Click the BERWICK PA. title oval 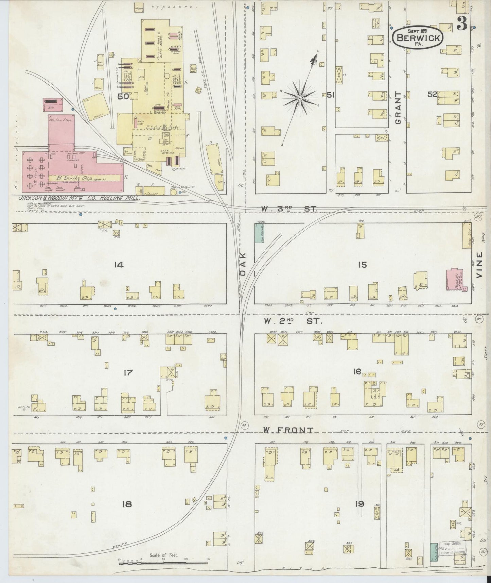point(418,37)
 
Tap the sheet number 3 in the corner point(461,23)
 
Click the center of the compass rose point(300,98)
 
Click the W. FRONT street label point(288,430)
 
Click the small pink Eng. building point(53,105)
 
